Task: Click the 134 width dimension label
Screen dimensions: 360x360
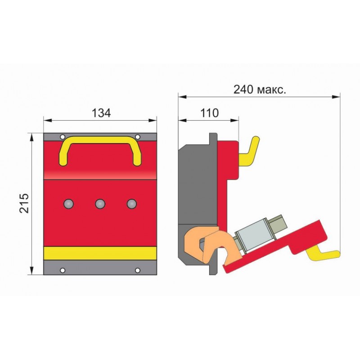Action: (101, 113)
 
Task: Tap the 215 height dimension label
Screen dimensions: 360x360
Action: (24, 203)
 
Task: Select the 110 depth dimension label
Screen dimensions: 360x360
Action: (209, 113)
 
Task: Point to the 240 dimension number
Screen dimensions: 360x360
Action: (243, 90)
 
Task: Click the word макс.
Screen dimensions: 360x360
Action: (272, 90)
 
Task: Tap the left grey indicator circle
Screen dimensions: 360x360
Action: (68, 204)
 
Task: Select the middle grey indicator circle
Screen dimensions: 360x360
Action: (100, 204)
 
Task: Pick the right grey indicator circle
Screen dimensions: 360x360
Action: (132, 204)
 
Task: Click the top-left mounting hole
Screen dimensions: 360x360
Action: (63, 137)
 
